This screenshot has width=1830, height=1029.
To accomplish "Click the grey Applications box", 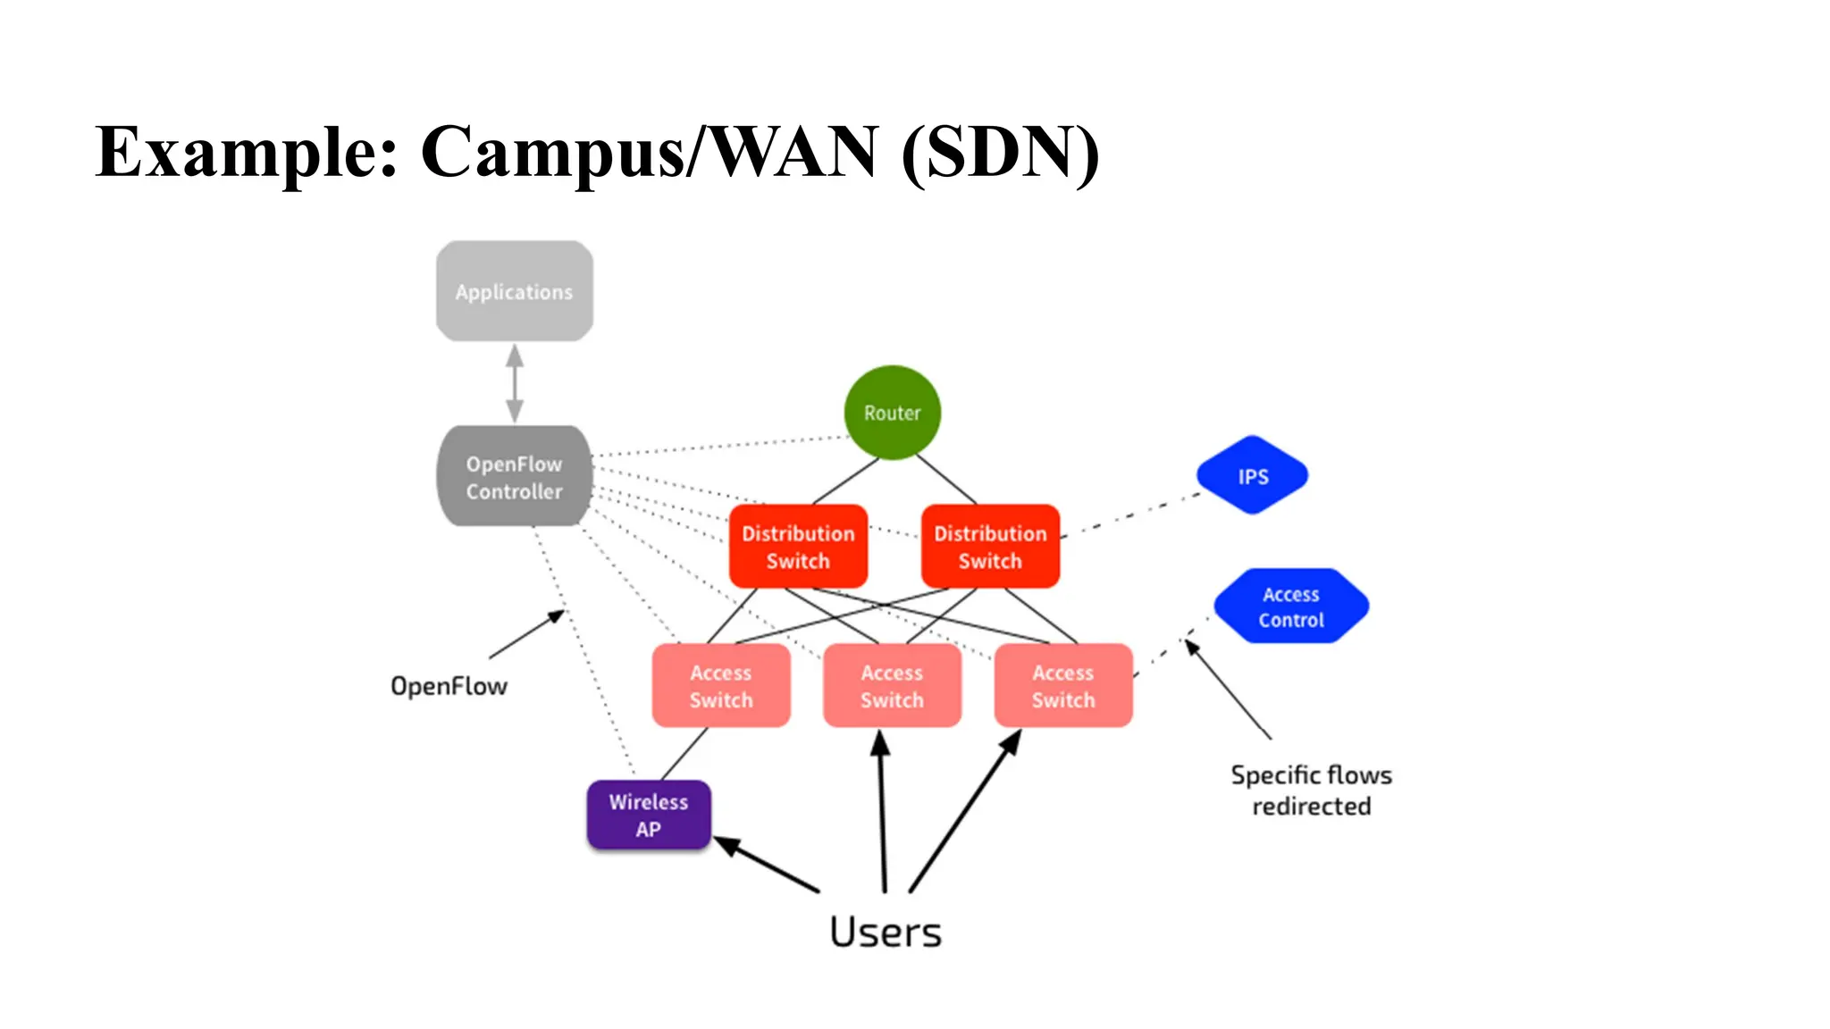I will (514, 291).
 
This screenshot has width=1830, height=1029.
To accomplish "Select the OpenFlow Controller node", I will (514, 477).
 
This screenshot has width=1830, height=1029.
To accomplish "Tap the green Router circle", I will (892, 413).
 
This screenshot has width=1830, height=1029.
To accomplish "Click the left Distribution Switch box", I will (798, 547).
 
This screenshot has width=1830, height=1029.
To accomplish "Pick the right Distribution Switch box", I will (990, 547).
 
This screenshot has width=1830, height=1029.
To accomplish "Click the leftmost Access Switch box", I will (720, 686).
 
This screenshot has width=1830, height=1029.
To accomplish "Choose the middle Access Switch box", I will (892, 686).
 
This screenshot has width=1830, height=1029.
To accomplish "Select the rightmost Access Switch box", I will (1063, 686).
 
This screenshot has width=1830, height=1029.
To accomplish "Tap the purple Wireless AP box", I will (649, 815).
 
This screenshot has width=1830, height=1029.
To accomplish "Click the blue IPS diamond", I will (1253, 476).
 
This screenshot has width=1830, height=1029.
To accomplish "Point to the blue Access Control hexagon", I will (1291, 607).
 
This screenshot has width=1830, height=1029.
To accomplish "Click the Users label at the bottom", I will (885, 932).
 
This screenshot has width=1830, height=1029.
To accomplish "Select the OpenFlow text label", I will (449, 686).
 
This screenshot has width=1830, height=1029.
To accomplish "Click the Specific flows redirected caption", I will (1311, 791).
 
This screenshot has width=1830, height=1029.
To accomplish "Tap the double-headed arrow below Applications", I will (515, 383).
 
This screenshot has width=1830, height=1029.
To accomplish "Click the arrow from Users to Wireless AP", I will (766, 864).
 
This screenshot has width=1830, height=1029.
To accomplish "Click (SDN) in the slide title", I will (1000, 152).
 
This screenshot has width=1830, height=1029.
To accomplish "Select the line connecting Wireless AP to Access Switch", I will (684, 754).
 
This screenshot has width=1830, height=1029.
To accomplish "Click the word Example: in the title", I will (247, 152).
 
